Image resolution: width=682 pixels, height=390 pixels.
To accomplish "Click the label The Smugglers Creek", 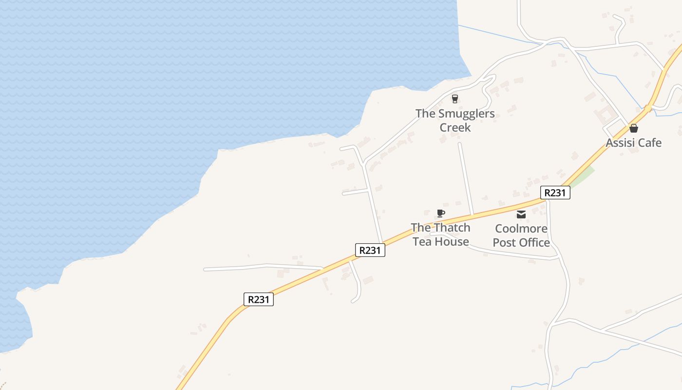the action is pyautogui.click(x=455, y=120).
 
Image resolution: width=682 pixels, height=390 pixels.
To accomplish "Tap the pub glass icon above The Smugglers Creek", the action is pyautogui.click(x=455, y=99).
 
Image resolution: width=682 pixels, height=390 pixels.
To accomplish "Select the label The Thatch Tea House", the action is pyautogui.click(x=441, y=234).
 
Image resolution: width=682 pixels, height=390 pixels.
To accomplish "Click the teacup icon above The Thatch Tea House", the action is pyautogui.click(x=441, y=213).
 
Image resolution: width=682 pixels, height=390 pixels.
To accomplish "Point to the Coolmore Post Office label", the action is pyautogui.click(x=521, y=235).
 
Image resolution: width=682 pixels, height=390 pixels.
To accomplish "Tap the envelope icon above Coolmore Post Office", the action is pyautogui.click(x=521, y=214).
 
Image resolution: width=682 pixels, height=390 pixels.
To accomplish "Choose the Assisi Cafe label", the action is pyautogui.click(x=633, y=143).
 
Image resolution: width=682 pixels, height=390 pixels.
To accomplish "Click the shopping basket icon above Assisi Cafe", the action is pyautogui.click(x=633, y=129).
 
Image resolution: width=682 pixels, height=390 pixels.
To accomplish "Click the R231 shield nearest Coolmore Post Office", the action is pyautogui.click(x=555, y=193).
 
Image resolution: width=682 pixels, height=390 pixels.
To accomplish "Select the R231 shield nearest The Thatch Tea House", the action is pyautogui.click(x=370, y=251).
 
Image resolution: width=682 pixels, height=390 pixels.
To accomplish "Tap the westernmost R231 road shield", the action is pyautogui.click(x=259, y=299).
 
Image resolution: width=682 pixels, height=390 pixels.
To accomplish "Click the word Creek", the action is pyautogui.click(x=455, y=128).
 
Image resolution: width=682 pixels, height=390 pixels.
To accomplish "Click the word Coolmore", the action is pyautogui.click(x=521, y=229).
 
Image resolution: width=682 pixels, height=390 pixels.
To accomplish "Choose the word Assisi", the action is pyautogui.click(x=619, y=143).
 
